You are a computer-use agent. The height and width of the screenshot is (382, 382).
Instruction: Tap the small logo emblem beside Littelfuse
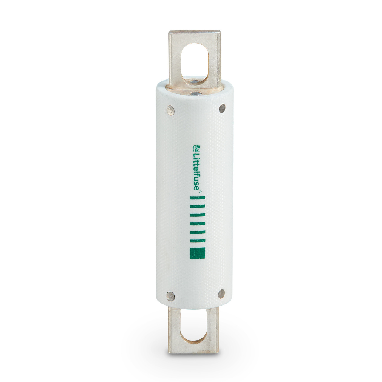tap(196, 147)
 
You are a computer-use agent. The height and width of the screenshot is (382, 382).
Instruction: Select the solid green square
tap(198, 253)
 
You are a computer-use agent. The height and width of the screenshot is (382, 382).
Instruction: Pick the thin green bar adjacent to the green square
tap(198, 240)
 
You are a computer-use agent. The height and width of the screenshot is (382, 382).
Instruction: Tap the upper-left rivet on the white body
tap(170, 110)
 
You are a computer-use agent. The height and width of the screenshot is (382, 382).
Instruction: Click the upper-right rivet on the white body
tap(222, 108)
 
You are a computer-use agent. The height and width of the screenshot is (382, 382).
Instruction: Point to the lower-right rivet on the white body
tap(221, 294)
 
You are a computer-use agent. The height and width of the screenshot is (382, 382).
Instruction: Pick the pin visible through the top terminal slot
tap(194, 81)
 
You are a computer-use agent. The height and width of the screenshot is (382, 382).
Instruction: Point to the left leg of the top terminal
tap(175, 60)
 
